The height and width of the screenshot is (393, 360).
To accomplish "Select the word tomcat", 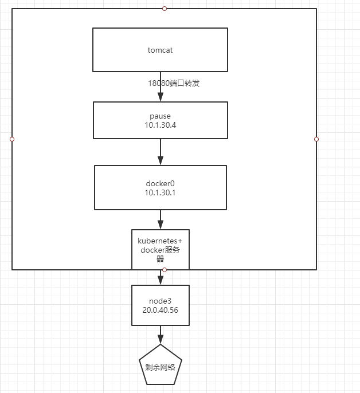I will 160,50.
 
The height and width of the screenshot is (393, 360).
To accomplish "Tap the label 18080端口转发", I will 174,83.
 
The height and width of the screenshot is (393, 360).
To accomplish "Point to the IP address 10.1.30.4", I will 160,125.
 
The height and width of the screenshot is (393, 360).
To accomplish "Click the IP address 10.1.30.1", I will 160,192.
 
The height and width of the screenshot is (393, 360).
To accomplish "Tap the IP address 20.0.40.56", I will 160,309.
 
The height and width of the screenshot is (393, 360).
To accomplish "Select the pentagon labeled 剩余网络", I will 160,367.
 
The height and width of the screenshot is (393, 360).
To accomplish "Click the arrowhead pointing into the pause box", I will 160,97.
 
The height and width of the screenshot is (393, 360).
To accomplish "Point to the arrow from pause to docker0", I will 160,152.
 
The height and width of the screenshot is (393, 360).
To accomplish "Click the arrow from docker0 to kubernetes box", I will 160,219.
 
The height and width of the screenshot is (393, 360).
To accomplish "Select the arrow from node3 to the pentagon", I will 160,334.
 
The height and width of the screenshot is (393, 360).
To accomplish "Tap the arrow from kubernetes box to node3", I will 160,277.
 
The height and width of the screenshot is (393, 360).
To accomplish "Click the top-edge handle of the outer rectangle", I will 165,9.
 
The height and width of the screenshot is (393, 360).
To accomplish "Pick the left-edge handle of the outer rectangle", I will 12,139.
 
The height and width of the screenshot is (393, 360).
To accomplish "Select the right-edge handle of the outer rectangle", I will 316,139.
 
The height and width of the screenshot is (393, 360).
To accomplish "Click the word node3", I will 160,300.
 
